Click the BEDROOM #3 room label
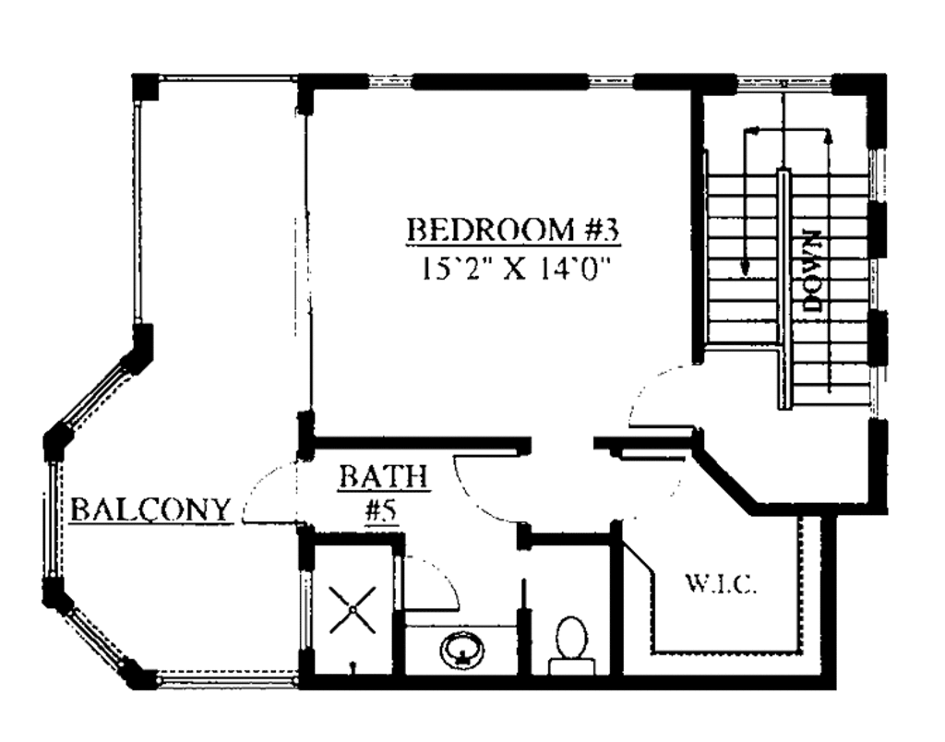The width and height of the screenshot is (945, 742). tap(513, 229)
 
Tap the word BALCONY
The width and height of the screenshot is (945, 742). tap(150, 509)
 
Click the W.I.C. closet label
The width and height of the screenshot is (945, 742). tap(722, 583)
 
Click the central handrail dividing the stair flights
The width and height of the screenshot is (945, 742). tap(784, 286)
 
